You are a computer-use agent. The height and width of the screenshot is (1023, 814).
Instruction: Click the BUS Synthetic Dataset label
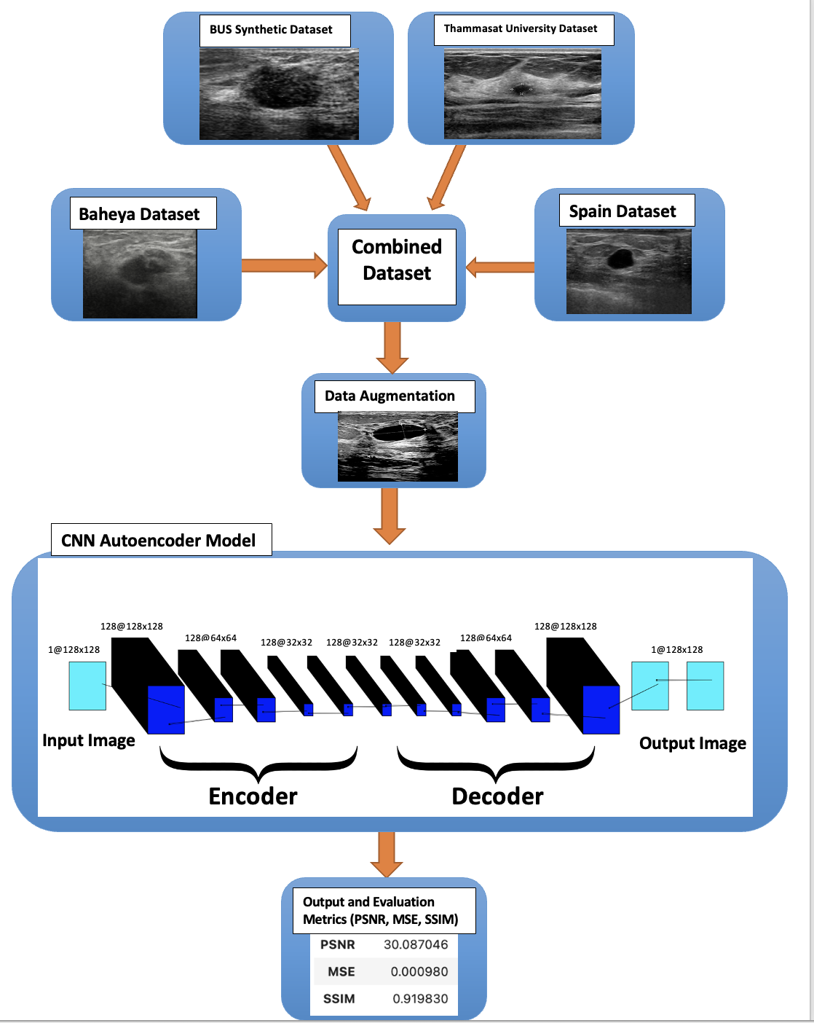coord(271,30)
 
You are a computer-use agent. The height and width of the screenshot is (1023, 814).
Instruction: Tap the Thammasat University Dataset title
coord(520,28)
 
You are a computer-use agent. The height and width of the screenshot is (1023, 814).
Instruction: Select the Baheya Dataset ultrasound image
coord(140,273)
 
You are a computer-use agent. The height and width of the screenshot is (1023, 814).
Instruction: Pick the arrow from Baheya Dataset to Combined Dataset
coord(283,265)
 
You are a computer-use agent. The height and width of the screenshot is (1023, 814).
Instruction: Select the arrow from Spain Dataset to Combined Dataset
coord(500,267)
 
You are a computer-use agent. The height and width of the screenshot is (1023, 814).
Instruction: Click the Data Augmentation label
coord(390,396)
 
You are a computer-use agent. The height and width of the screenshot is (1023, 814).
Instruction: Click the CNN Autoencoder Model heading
coord(158,540)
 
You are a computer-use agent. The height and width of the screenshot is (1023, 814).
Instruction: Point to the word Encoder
coord(253,796)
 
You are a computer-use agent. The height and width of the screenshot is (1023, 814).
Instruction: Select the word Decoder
coord(497,796)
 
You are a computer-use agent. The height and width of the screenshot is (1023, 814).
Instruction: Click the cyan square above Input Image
coord(87,686)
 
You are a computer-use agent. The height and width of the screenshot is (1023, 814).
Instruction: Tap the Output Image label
coord(692,743)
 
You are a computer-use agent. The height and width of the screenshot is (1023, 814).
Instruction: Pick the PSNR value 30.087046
coord(416,944)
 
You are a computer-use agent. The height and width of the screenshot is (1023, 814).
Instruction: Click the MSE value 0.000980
coord(419,971)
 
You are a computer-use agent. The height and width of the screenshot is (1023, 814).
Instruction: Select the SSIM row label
coord(339,998)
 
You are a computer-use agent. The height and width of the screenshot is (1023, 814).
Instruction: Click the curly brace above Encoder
coord(258,763)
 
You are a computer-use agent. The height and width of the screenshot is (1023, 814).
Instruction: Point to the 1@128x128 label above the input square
coord(74,649)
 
